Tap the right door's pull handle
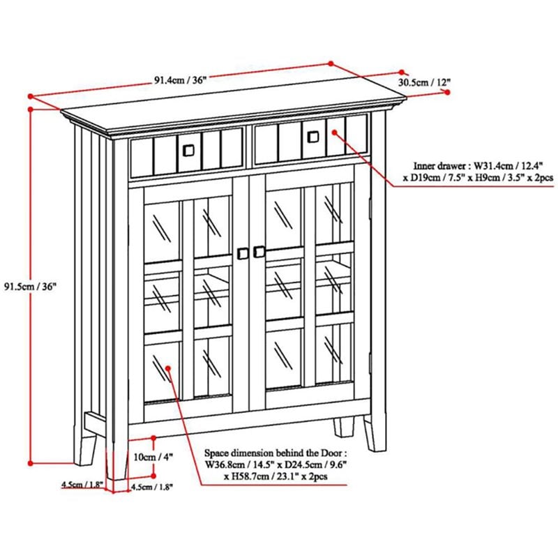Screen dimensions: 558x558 coord(259,250)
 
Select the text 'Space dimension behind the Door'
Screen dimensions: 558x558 coord(273,451)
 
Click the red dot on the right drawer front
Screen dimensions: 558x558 coord(333,130)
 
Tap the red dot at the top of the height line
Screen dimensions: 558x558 coord(30,109)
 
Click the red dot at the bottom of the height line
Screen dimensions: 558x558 coord(30,462)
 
